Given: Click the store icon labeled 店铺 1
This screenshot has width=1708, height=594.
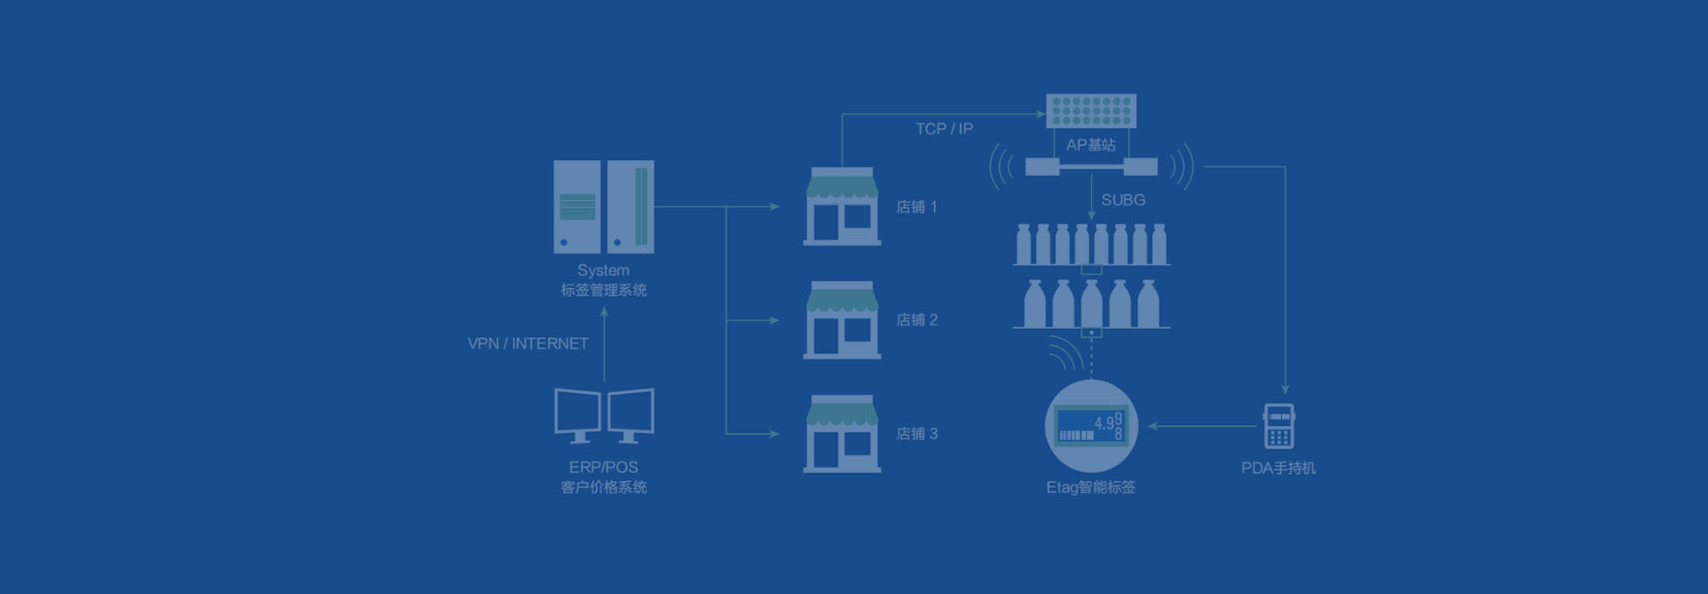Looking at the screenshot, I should pos(842,207).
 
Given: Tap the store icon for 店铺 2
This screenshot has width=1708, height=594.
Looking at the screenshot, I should pos(842,321).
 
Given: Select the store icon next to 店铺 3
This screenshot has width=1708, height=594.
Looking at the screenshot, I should pos(842,434).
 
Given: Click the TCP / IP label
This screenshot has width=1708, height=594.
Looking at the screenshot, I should pos(944,129).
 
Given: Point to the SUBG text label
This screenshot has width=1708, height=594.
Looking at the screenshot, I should pos(1123,200).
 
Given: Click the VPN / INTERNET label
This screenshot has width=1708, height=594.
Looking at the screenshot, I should pos(528,343).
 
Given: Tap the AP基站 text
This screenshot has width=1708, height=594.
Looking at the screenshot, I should pos(1091,145).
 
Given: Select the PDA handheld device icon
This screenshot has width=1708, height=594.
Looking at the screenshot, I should pos(1278,427).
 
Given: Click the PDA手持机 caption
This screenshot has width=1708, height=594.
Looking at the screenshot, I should pos(1277,469).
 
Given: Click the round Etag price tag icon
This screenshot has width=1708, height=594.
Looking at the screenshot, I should pos(1091,426).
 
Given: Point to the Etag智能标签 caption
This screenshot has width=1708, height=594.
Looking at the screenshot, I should pos(1091,487).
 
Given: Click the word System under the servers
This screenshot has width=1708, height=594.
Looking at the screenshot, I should pos(603,270).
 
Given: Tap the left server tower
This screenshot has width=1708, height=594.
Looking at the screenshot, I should pos(576,207).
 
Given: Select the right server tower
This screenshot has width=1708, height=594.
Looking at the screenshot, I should pos(631,207).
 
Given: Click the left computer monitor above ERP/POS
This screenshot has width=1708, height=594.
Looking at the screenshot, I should pos(577,413).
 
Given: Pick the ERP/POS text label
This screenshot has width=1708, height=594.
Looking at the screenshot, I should pos(603,468).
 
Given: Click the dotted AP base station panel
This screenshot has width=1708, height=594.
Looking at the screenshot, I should pos(1091,111).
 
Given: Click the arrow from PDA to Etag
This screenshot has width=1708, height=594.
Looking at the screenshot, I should pos(1201,426).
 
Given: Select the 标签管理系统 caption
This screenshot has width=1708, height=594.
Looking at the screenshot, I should pos(603,291).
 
